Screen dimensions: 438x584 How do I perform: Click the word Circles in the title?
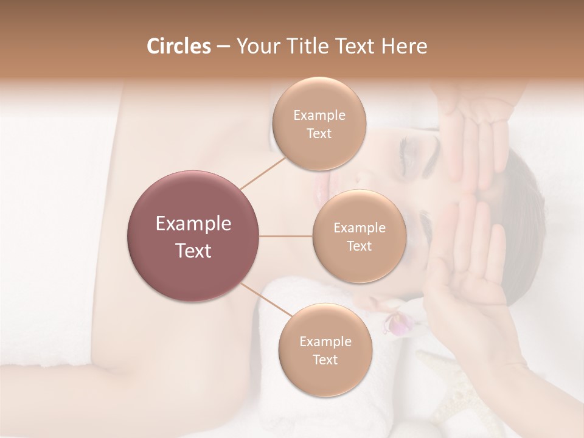pos(178,46)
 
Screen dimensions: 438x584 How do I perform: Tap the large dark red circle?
pos(193,236)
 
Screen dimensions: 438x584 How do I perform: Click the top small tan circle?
pos(319,123)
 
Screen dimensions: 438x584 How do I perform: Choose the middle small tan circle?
pos(359,236)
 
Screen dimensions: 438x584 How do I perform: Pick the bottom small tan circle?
pos(325,350)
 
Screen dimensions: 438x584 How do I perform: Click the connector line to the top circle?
pos(263,172)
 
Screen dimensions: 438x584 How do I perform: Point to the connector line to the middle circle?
pos(286,236)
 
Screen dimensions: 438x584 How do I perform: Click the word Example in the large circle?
pos(193,224)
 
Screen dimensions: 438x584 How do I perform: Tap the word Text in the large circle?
pos(193,251)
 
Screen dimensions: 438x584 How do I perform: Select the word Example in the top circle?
pos(319,116)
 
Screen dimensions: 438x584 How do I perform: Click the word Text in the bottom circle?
pos(325,360)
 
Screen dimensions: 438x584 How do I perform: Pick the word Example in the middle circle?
pos(359,228)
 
